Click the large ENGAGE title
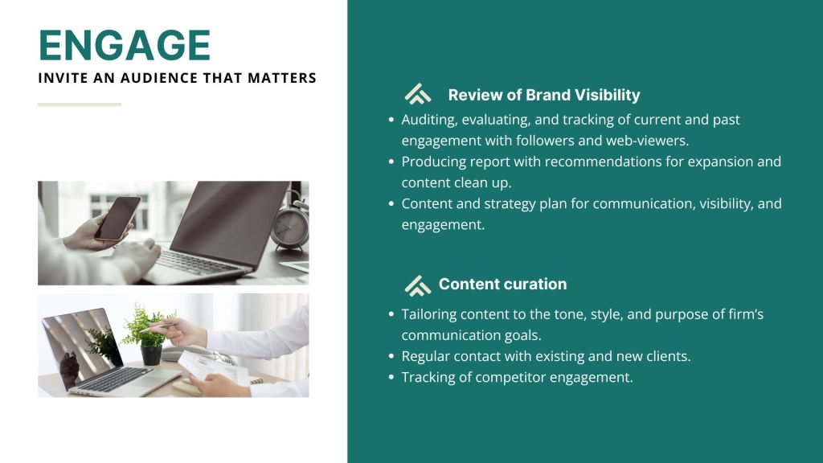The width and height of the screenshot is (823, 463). pos(125,45)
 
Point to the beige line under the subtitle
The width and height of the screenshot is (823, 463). pos(80,104)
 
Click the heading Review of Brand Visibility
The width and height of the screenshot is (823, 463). pos(544,95)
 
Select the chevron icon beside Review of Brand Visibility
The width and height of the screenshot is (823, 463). pos(418,94)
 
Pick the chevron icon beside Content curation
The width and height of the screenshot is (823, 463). pos(418,285)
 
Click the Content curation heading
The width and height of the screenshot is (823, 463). pos(503,284)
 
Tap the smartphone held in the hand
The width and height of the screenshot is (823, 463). pos(118,219)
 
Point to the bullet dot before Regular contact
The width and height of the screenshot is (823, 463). pos(391,356)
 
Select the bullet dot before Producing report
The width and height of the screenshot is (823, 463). pos(391,162)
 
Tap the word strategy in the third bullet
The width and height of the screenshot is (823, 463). pos(509,204)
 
